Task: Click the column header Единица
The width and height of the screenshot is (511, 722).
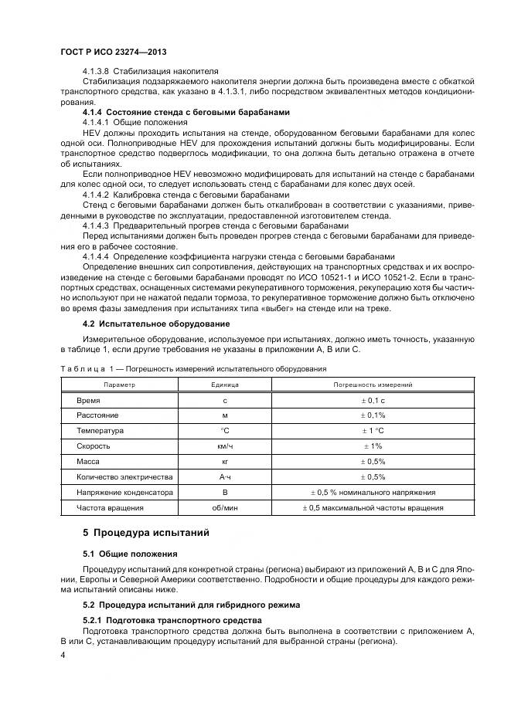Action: click(225, 384)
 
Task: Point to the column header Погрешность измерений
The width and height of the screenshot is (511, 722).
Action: click(373, 384)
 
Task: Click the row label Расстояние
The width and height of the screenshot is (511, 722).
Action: click(97, 416)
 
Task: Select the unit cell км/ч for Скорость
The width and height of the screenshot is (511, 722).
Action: click(225, 446)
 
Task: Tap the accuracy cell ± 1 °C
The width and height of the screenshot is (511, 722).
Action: click(373, 431)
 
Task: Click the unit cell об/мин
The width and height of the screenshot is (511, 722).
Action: click(225, 507)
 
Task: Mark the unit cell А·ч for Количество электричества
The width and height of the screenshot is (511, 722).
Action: click(225, 476)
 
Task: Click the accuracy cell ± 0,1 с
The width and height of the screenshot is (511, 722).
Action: click(373, 402)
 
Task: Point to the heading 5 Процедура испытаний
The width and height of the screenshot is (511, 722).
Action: click(145, 533)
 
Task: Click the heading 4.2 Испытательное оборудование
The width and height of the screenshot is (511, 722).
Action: click(145, 323)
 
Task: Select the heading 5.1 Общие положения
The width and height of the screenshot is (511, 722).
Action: click(130, 554)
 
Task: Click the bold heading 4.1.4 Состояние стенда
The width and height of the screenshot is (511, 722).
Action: click(186, 113)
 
